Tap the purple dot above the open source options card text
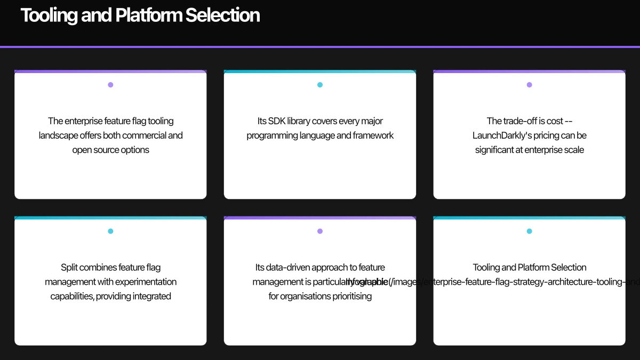pyautogui.click(x=110, y=85)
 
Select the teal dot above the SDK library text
pyautogui.click(x=320, y=85)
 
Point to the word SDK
pyautogui.click(x=277, y=121)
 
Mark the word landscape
pyautogui.click(x=58, y=135)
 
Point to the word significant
pyautogui.click(x=499, y=150)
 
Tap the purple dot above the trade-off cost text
pyautogui.click(x=529, y=85)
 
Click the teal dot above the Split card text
pyautogui.click(x=110, y=231)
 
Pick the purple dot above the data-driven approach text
pyautogui.click(x=320, y=231)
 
